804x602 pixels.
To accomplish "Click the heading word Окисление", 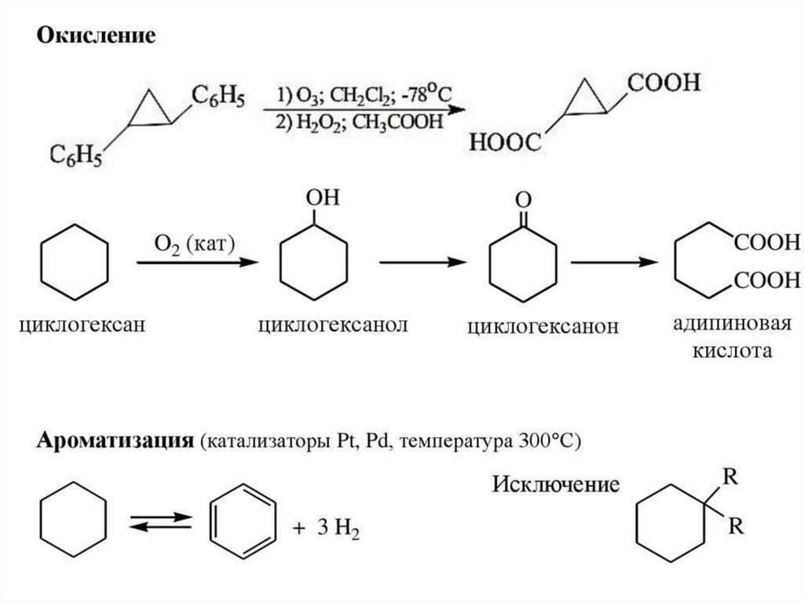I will [98, 37].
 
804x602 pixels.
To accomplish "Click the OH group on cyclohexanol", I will [323, 199].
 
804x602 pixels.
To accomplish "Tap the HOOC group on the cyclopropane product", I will [505, 143].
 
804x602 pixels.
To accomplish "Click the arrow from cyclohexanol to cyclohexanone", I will [418, 264].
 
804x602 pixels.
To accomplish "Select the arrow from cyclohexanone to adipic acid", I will [614, 264].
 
